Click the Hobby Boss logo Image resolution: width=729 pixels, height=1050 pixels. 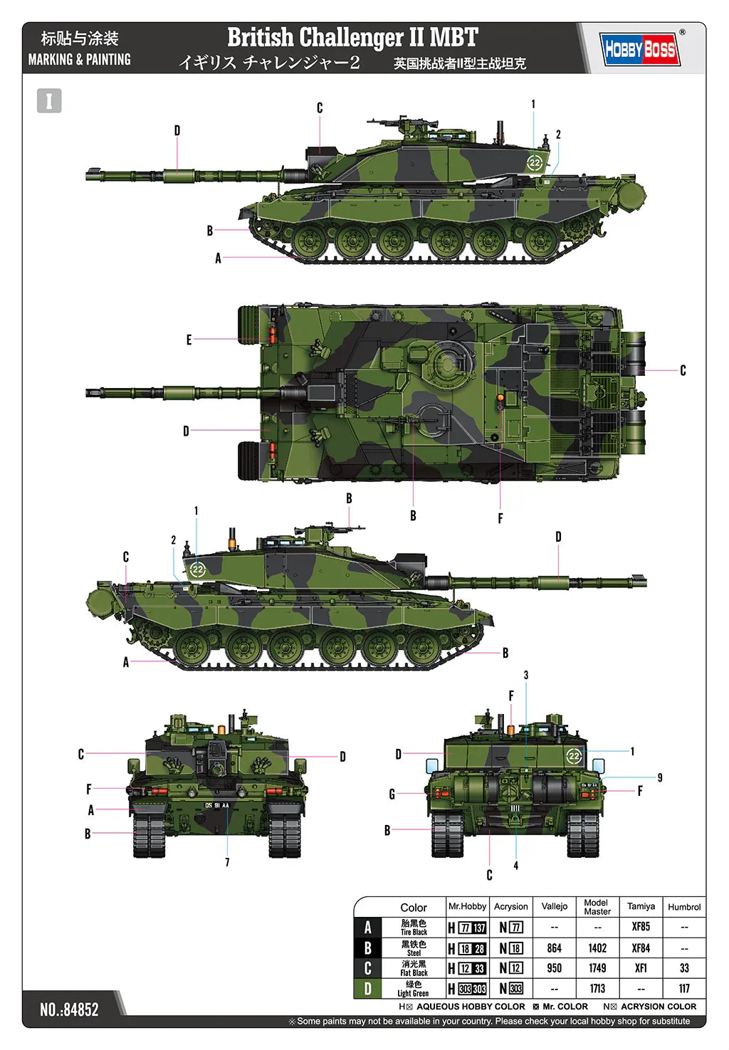click(x=639, y=49)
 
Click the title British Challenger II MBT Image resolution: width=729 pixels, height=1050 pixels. click(x=352, y=37)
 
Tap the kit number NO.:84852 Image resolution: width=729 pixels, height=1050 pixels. click(x=69, y=1009)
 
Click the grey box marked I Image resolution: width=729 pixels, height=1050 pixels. click(x=49, y=100)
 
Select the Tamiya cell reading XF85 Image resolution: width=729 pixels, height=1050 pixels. click(x=641, y=927)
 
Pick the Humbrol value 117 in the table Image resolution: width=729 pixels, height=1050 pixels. click(x=684, y=988)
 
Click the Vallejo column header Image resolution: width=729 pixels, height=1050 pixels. click(x=554, y=906)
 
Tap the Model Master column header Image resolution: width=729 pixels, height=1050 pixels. click(x=597, y=906)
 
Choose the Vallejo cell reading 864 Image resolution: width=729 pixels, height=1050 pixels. click(x=554, y=948)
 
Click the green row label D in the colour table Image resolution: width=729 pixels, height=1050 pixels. click(x=368, y=988)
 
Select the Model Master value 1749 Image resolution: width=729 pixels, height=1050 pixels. click(x=597, y=968)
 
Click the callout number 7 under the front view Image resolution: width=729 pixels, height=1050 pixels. click(x=227, y=862)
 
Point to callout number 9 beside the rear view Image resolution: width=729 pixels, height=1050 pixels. click(x=660, y=777)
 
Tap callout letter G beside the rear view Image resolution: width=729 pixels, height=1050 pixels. click(x=392, y=794)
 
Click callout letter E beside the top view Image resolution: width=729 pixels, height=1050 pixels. click(x=189, y=340)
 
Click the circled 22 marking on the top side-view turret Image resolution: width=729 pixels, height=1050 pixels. click(x=535, y=162)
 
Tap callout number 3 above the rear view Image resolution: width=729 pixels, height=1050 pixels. click(x=526, y=675)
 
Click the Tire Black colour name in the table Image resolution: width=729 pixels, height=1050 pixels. click(x=414, y=931)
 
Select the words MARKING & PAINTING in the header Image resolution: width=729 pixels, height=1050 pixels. click(x=79, y=60)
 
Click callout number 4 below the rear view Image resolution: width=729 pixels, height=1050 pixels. click(x=516, y=866)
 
